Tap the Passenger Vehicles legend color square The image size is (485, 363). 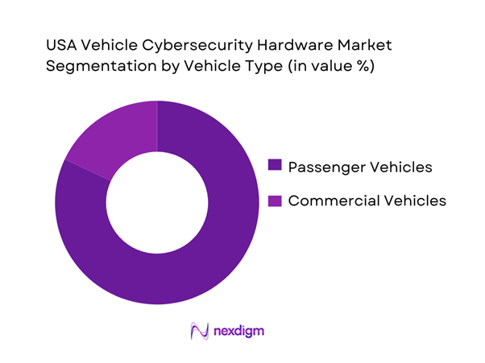click(x=275, y=167)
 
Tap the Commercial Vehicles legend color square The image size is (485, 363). click(x=275, y=200)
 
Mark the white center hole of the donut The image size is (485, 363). click(x=157, y=202)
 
